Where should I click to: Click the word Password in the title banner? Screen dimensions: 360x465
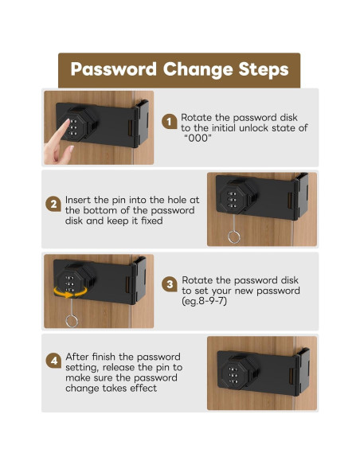point(114,69)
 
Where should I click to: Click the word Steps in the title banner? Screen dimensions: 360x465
point(264,70)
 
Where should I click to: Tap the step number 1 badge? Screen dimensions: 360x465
point(170,122)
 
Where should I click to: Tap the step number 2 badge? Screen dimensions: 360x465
point(53,204)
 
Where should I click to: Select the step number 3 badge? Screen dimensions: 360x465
point(170,284)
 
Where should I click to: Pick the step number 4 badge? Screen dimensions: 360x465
point(53,361)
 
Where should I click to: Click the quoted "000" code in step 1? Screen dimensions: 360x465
point(198,139)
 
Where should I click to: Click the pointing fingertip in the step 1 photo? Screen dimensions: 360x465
point(68,121)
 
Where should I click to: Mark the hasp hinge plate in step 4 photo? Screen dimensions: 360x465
point(299,373)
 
